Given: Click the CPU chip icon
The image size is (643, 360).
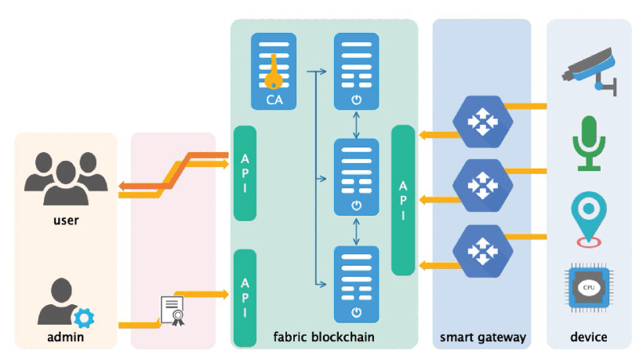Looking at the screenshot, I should pos(589,289).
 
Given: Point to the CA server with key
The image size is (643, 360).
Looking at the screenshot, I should pos(274,71).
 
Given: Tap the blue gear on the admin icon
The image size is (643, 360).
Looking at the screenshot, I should pos(83,318).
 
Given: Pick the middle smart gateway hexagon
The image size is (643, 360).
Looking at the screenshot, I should pos(480,186).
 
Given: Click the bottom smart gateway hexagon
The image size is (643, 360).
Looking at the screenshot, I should pos(480,251).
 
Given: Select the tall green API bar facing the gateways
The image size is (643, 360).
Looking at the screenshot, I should pos(403,200).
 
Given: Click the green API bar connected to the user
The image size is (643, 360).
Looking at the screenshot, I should pos(245,173).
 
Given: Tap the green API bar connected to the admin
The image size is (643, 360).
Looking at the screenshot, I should pos(245,297).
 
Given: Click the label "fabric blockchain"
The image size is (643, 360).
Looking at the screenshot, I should pos(324,337).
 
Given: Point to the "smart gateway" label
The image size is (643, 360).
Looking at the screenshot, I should pos(481,337).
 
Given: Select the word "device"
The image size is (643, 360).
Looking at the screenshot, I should pos(588,337).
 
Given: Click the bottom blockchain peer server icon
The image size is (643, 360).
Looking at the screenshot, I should pos(356,283).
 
